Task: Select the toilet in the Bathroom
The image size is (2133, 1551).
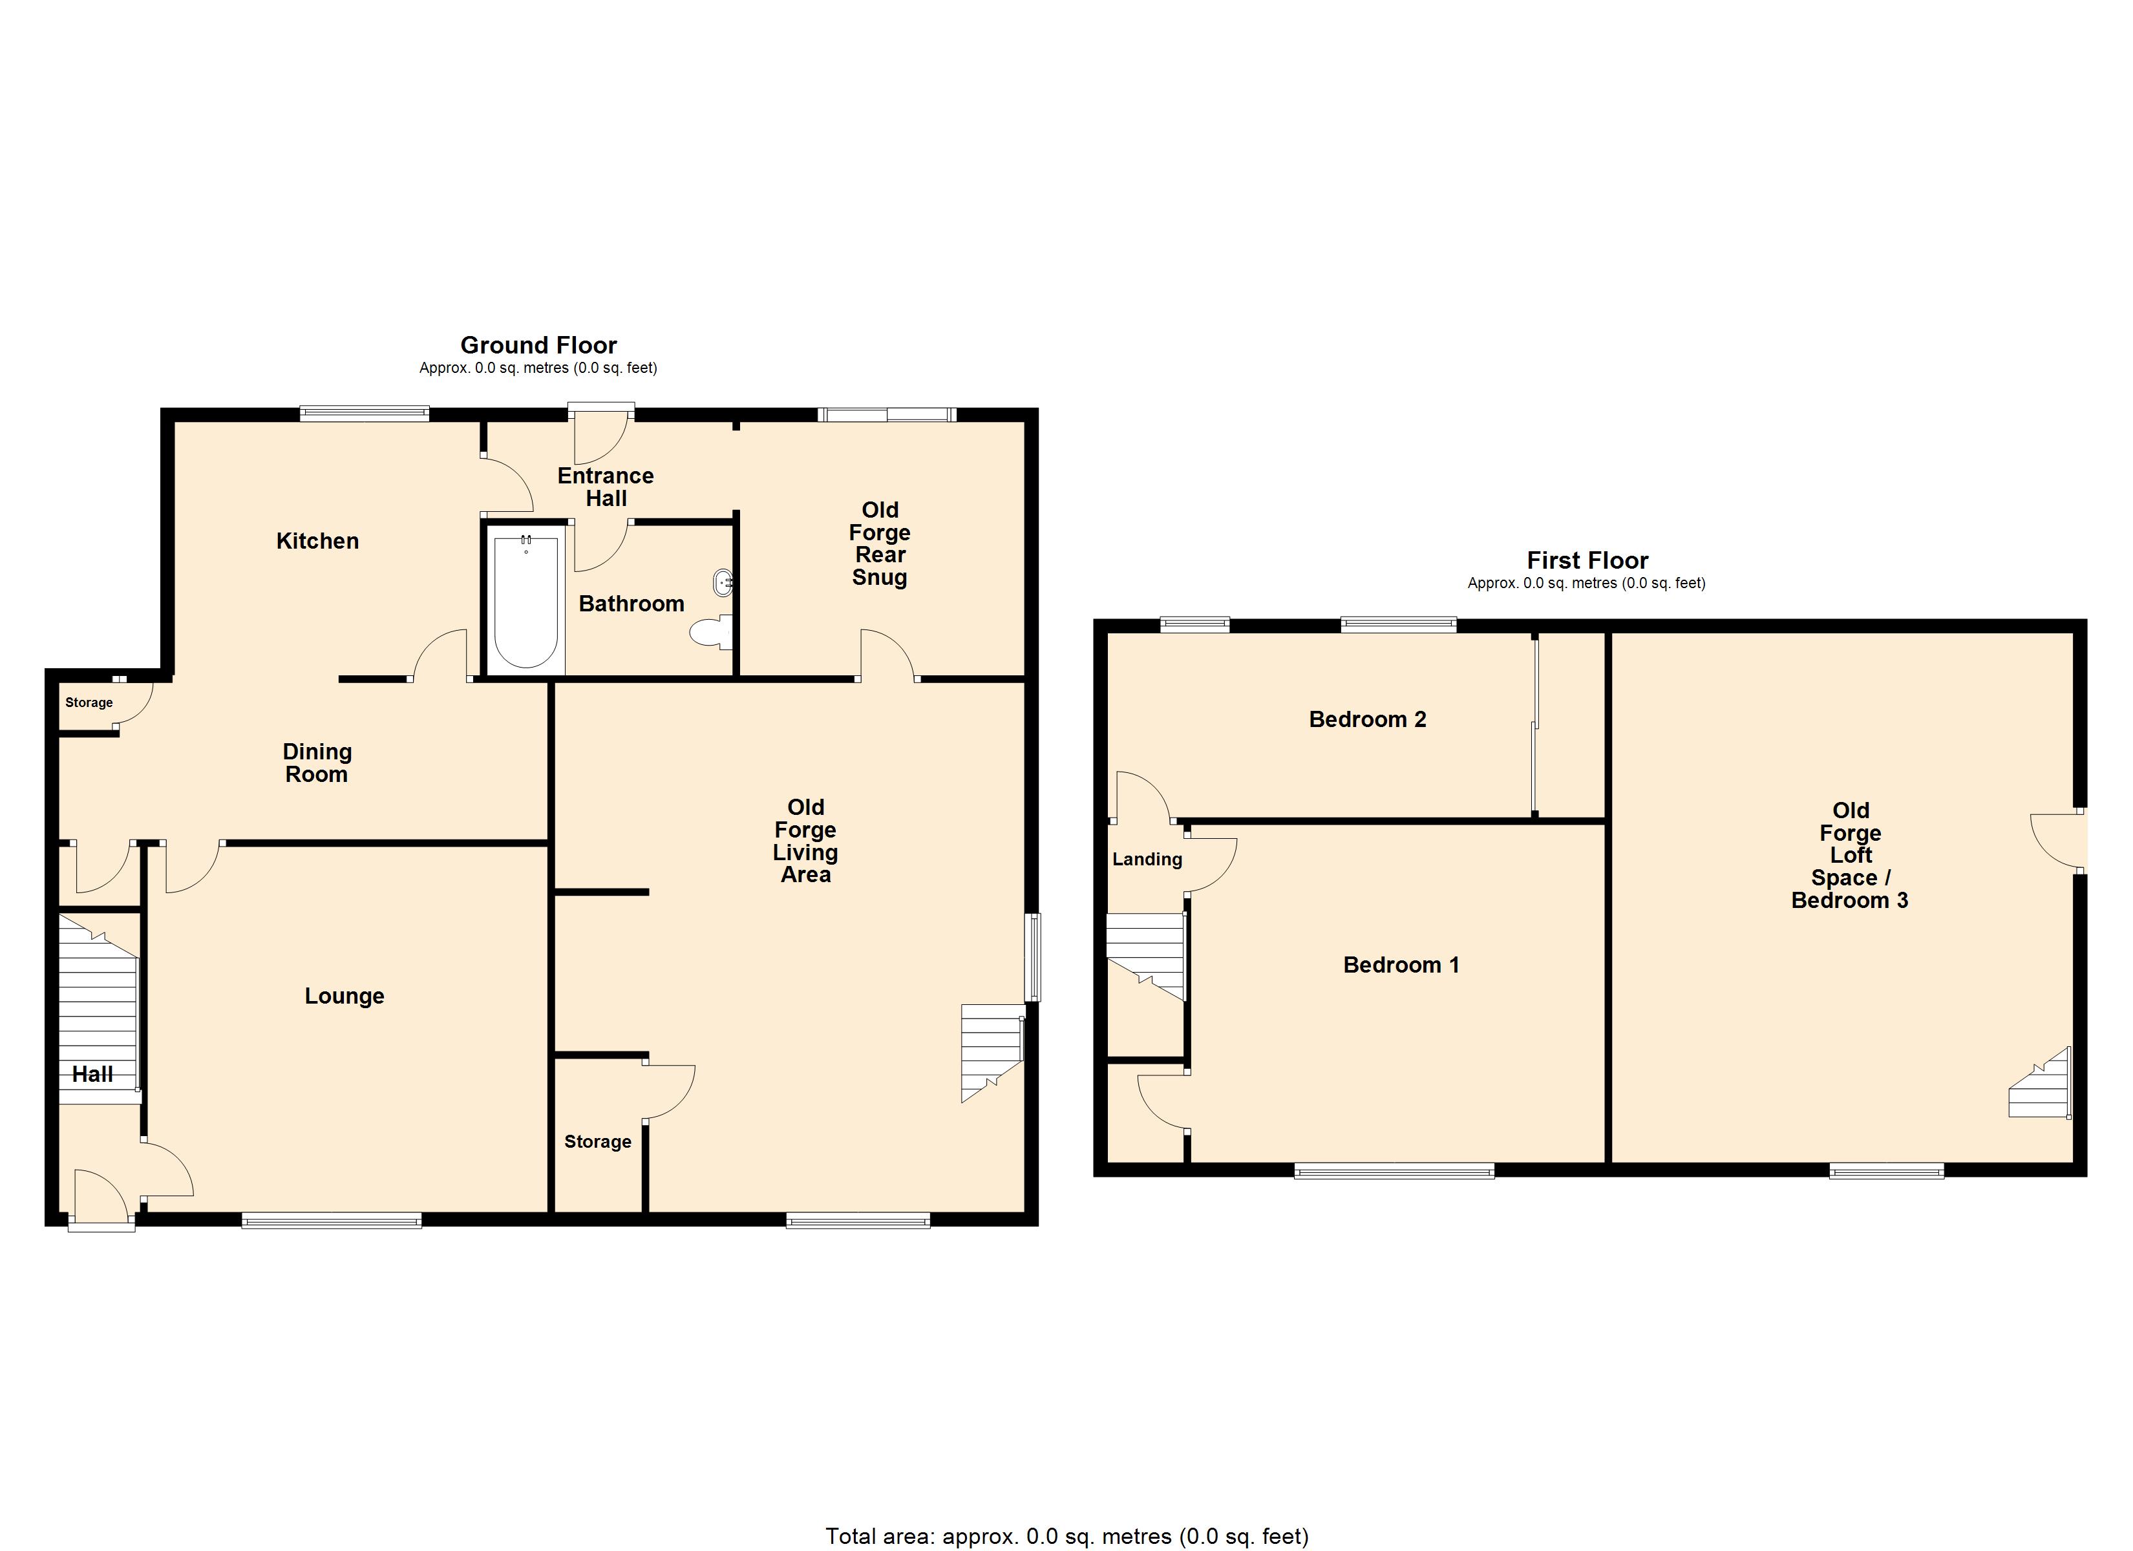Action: coord(711,632)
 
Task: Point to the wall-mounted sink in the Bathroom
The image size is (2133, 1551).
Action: coord(723,582)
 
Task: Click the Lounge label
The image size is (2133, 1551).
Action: coord(345,996)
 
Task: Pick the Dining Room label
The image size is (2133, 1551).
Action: coord(317,763)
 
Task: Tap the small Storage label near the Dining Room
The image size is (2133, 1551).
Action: coord(89,702)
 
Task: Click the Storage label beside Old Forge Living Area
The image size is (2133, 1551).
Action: coord(597,1142)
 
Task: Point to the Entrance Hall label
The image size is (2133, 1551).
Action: coord(606,487)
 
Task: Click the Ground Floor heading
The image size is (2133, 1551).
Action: coord(538,345)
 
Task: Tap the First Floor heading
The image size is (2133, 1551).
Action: coord(1587,560)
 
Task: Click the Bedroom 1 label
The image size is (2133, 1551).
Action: coord(1401,965)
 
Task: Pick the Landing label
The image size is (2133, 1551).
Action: coord(1147,859)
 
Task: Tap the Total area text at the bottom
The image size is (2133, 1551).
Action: coord(1066,1537)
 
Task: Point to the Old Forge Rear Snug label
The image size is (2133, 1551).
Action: coord(879,543)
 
